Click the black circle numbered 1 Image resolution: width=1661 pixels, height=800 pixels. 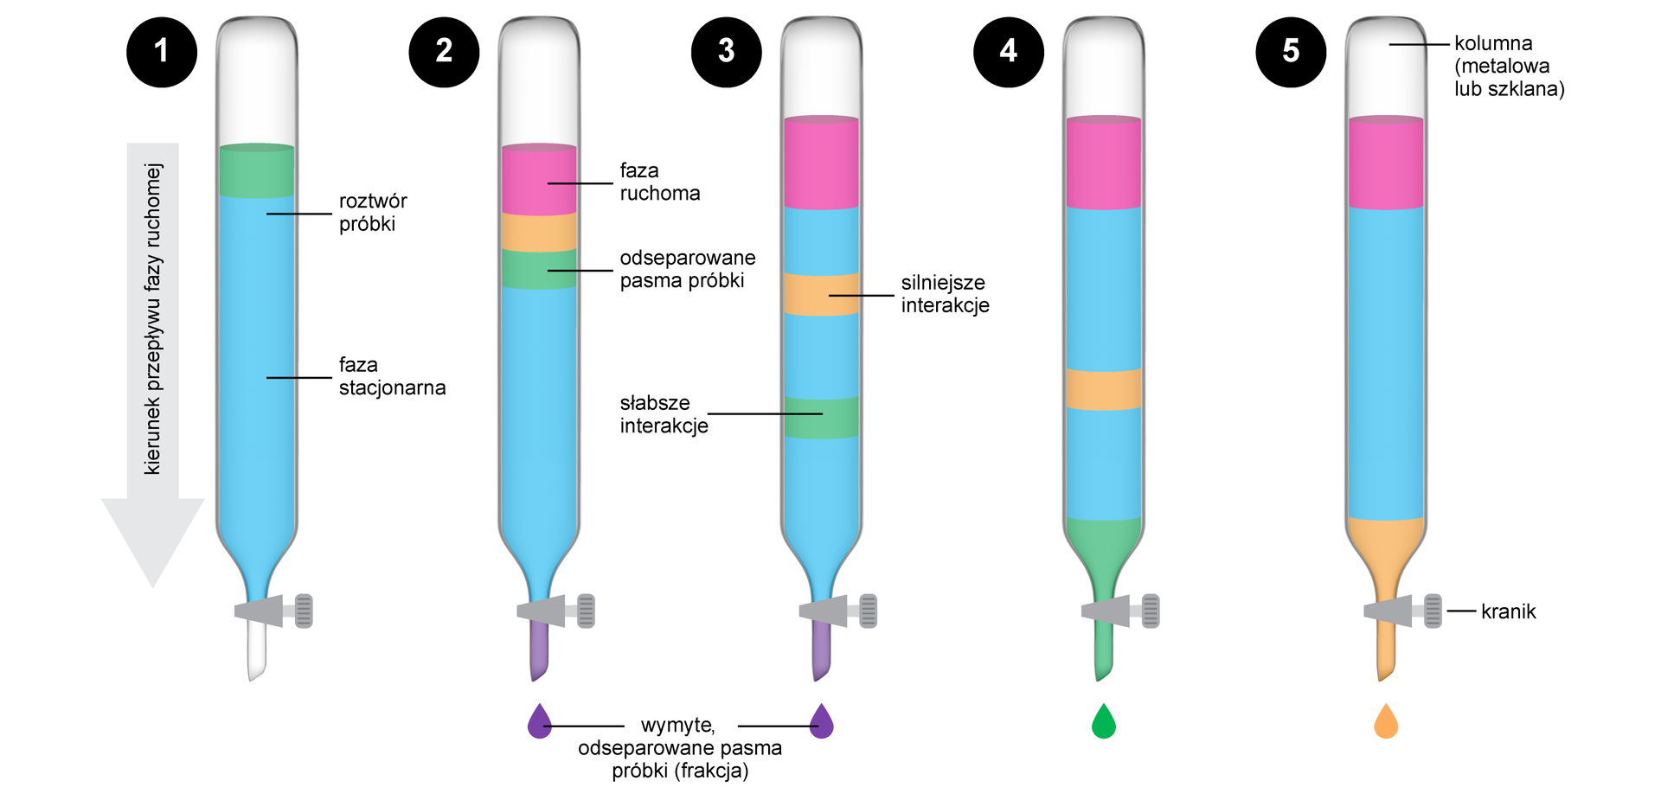pyautogui.click(x=162, y=52)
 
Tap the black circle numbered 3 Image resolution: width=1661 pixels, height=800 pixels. pyautogui.click(x=726, y=52)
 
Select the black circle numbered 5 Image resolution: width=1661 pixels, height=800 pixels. pyautogui.click(x=1290, y=52)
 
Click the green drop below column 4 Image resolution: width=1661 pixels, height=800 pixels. pyautogui.click(x=1104, y=722)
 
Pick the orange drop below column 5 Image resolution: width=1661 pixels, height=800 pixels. pyautogui.click(x=1386, y=722)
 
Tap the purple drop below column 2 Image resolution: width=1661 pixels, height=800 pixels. pyautogui.click(x=540, y=722)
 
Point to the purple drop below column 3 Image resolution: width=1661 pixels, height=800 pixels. pyautogui.click(x=822, y=722)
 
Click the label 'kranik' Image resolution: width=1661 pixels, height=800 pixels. pyautogui.click(x=1508, y=611)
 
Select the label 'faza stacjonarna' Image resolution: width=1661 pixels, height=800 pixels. pyautogui.click(x=392, y=376)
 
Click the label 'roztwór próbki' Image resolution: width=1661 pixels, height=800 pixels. pyautogui.click(x=373, y=213)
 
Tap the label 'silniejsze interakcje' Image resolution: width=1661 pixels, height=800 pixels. pyautogui.click(x=945, y=294)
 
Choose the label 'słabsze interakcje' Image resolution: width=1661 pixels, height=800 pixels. pyautogui.click(x=664, y=414)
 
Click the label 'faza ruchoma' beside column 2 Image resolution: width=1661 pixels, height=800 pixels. pyautogui.click(x=659, y=182)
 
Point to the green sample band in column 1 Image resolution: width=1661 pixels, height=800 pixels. pyautogui.click(x=257, y=171)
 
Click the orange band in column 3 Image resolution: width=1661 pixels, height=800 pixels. pyautogui.click(x=821, y=294)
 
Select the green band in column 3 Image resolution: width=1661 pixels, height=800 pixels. pyautogui.click(x=821, y=418)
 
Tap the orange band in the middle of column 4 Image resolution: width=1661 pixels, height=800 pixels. pyautogui.click(x=1104, y=389)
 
